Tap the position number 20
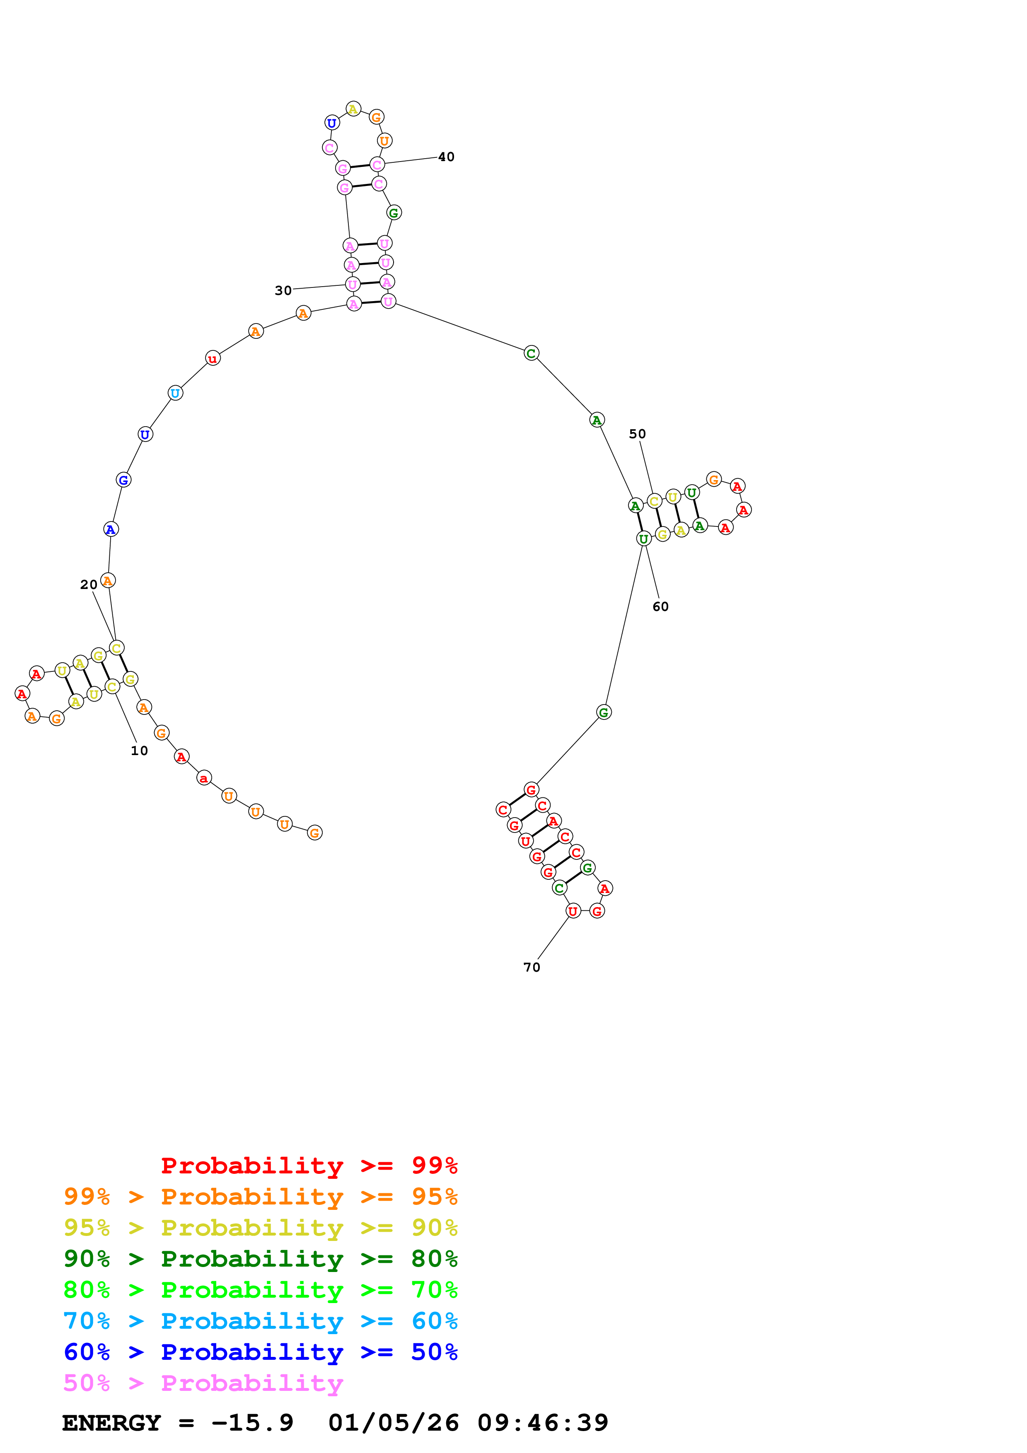[x=89, y=585]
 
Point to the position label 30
[x=283, y=290]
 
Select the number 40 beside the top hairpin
[x=446, y=157]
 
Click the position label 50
[x=637, y=434]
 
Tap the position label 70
[x=532, y=968]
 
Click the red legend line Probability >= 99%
[x=309, y=1166]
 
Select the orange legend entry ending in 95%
[x=260, y=1197]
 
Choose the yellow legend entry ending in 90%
[x=260, y=1228]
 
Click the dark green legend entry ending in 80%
[x=260, y=1259]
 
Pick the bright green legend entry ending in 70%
[x=260, y=1290]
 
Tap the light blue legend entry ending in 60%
[x=260, y=1321]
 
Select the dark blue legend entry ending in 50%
[x=260, y=1352]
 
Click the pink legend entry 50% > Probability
[x=203, y=1383]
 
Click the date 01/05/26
[x=393, y=1423]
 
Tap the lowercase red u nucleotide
[x=213, y=359]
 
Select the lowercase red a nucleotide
[x=203, y=778]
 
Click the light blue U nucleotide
[x=175, y=393]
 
